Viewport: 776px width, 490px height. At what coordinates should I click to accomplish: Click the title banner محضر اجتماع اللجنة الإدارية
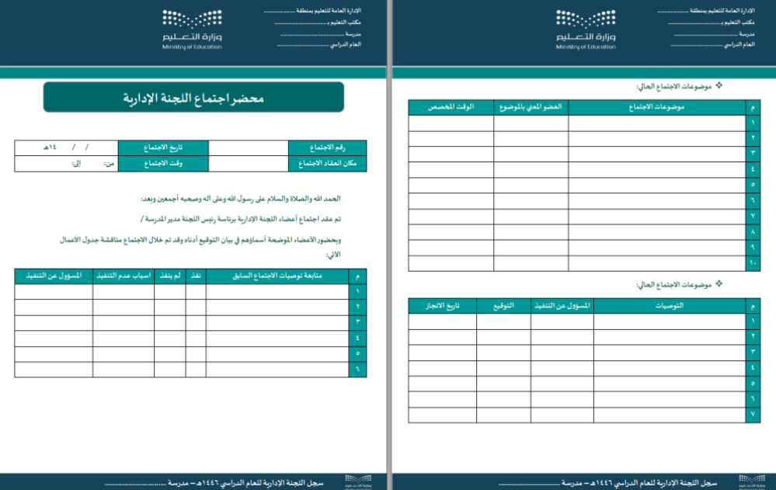click(x=193, y=99)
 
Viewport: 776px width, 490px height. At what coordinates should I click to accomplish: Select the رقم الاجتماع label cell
click(x=327, y=148)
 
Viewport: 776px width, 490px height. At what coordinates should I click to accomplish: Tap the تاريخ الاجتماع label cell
click(x=163, y=148)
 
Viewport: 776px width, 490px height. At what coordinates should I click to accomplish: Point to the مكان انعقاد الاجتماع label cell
click(x=327, y=164)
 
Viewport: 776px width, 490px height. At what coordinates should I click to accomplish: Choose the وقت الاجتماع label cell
click(x=163, y=164)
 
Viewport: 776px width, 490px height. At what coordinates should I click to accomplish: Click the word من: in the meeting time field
click(x=110, y=164)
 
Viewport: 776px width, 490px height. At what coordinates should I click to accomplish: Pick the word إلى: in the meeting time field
click(x=77, y=164)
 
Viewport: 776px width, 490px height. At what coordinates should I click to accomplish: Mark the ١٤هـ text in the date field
click(x=50, y=148)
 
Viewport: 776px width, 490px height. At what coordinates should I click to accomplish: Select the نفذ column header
click(x=196, y=276)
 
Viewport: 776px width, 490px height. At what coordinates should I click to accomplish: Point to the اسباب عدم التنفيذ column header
click(x=124, y=276)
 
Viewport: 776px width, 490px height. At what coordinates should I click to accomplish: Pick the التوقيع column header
click(x=503, y=305)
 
